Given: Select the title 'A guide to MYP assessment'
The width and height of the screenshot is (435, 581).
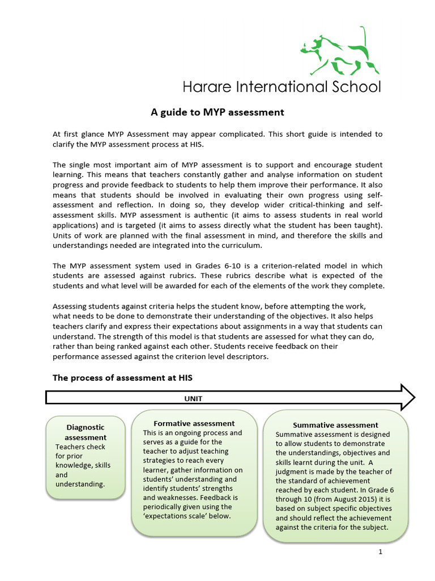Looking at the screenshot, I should point(217,112).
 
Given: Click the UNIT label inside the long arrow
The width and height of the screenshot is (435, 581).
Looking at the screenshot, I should point(193,398).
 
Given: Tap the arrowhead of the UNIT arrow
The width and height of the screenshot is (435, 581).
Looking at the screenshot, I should point(408,397).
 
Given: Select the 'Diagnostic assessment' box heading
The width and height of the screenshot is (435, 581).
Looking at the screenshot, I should point(86,432).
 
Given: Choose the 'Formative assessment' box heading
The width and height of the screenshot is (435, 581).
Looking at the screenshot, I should point(194,423).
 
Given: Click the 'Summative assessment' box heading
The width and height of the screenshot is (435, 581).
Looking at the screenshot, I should point(335,425).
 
